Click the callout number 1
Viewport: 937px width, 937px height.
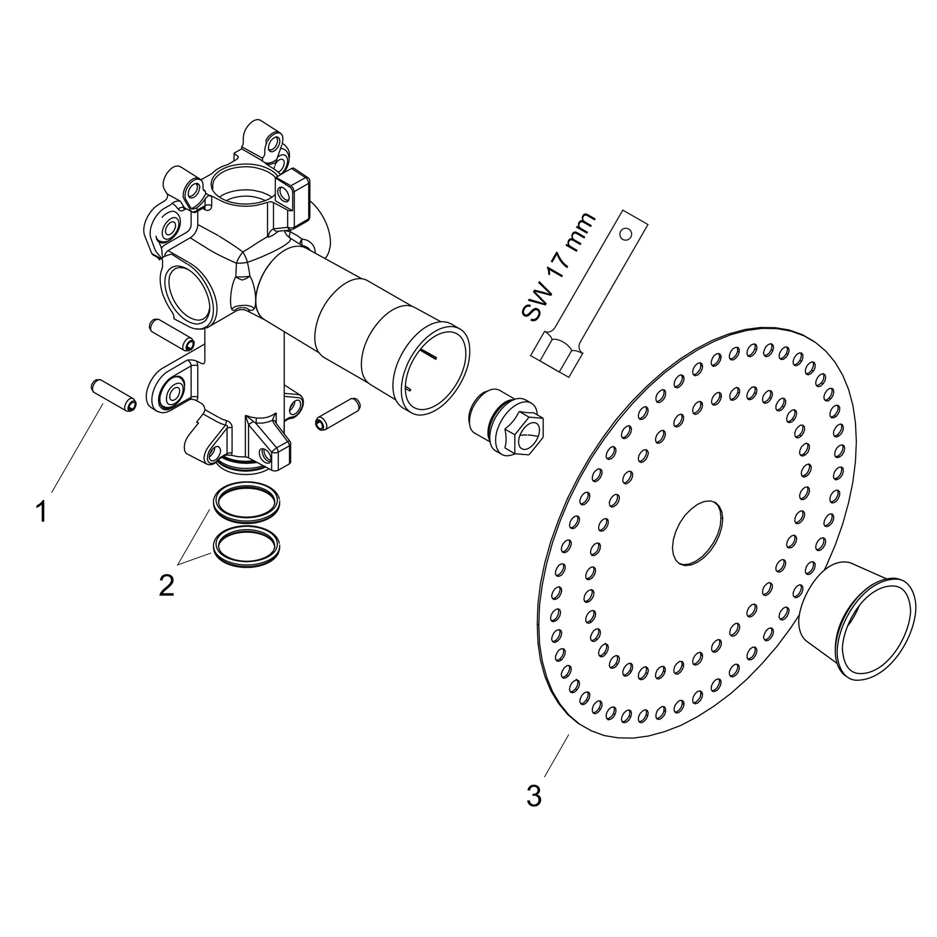tap(42, 512)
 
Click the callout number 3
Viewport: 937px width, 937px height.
tap(534, 797)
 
